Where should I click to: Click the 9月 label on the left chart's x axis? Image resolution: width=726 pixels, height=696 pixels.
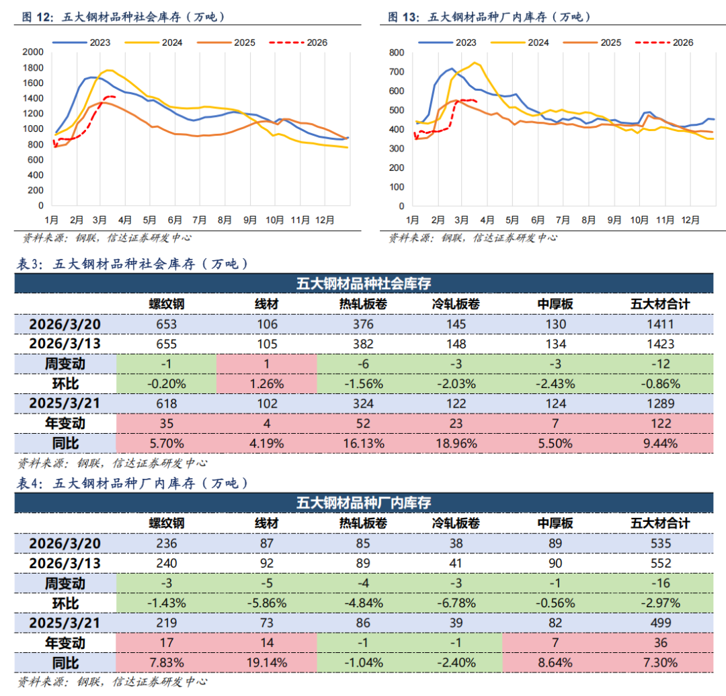251,219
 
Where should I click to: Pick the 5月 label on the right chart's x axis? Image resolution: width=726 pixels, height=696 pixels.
512,219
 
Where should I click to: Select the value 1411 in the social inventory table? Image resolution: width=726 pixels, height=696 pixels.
660,324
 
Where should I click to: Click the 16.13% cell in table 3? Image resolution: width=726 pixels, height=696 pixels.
364,443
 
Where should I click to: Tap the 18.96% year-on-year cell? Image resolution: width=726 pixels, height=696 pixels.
455,443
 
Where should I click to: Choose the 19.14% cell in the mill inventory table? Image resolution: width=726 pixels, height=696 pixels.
267,662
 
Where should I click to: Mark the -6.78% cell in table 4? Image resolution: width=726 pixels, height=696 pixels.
455,603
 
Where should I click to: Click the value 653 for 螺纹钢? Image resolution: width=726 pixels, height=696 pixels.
166,324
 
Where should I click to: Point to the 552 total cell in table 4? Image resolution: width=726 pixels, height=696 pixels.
660,563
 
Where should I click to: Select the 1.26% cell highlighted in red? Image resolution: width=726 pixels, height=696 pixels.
267,383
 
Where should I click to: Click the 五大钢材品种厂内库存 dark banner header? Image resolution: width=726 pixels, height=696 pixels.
364,502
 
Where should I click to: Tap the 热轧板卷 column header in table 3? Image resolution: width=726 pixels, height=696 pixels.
364,304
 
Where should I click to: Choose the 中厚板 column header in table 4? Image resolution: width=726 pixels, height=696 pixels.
555,523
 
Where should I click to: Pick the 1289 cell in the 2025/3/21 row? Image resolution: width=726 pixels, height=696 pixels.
660,403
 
